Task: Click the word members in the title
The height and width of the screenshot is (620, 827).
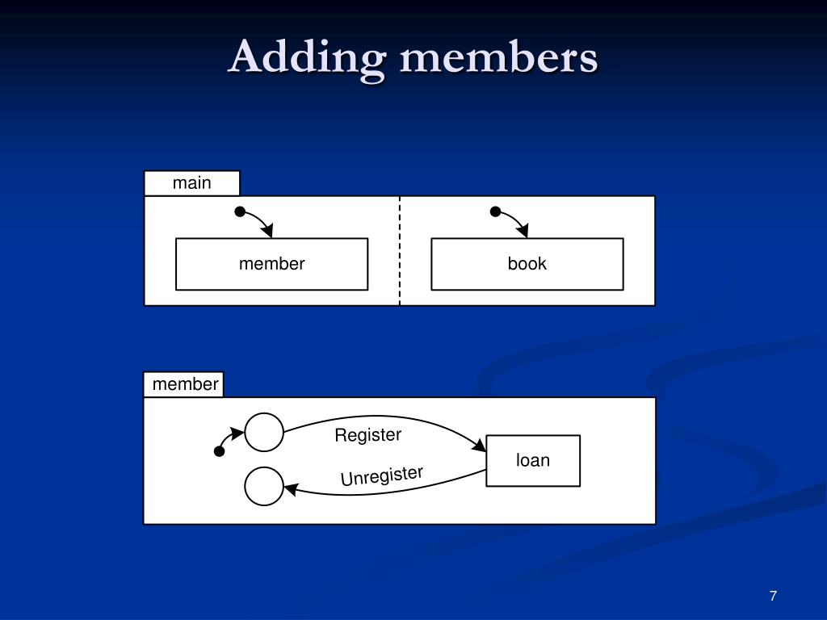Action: point(498,58)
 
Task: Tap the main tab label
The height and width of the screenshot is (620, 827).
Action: point(191,183)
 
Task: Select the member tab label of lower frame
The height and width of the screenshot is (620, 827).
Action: point(185,384)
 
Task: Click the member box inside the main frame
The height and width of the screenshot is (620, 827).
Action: point(271,264)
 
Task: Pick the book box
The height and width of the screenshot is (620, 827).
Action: point(527,264)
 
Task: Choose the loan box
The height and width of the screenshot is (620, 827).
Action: point(532,461)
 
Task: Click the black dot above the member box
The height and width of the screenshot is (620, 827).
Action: point(240,212)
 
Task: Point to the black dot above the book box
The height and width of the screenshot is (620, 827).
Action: point(496,212)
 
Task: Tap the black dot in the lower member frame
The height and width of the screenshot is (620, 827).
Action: point(219,451)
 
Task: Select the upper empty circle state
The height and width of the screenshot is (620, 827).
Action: point(264,432)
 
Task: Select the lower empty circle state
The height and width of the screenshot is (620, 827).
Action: point(264,486)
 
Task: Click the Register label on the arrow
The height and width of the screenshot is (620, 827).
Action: point(367,435)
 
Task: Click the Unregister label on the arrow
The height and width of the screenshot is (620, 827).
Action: point(381,476)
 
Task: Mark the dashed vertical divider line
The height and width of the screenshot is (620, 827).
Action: point(400,250)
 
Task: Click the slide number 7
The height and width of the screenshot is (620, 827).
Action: point(773,596)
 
